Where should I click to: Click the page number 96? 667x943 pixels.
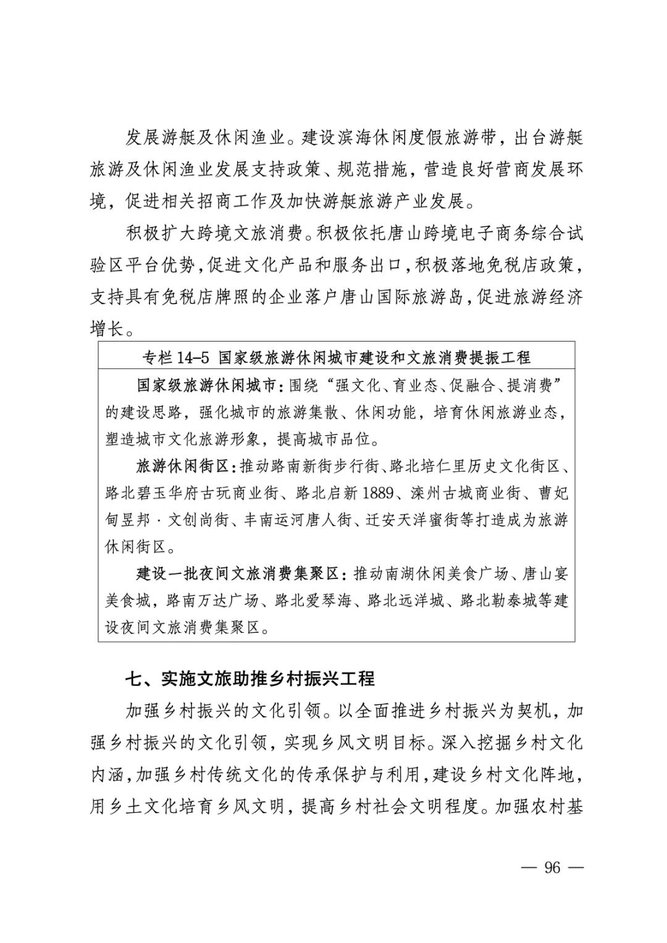(x=552, y=868)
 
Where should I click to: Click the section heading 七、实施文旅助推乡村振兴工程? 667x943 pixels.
(x=250, y=679)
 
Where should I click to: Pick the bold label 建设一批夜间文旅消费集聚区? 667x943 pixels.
(x=238, y=573)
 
